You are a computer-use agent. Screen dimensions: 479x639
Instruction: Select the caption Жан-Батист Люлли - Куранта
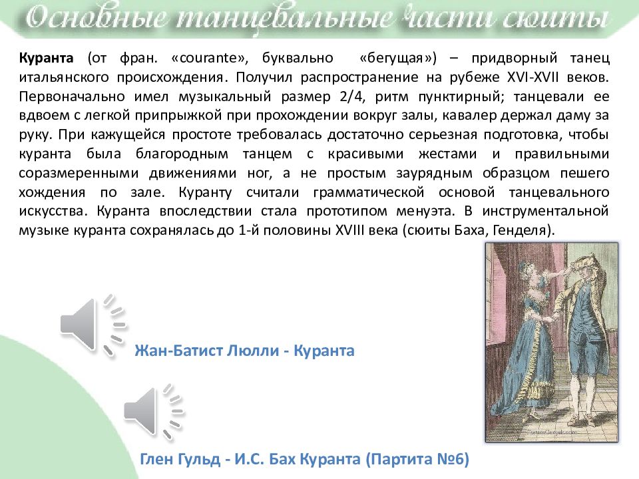(244, 351)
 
